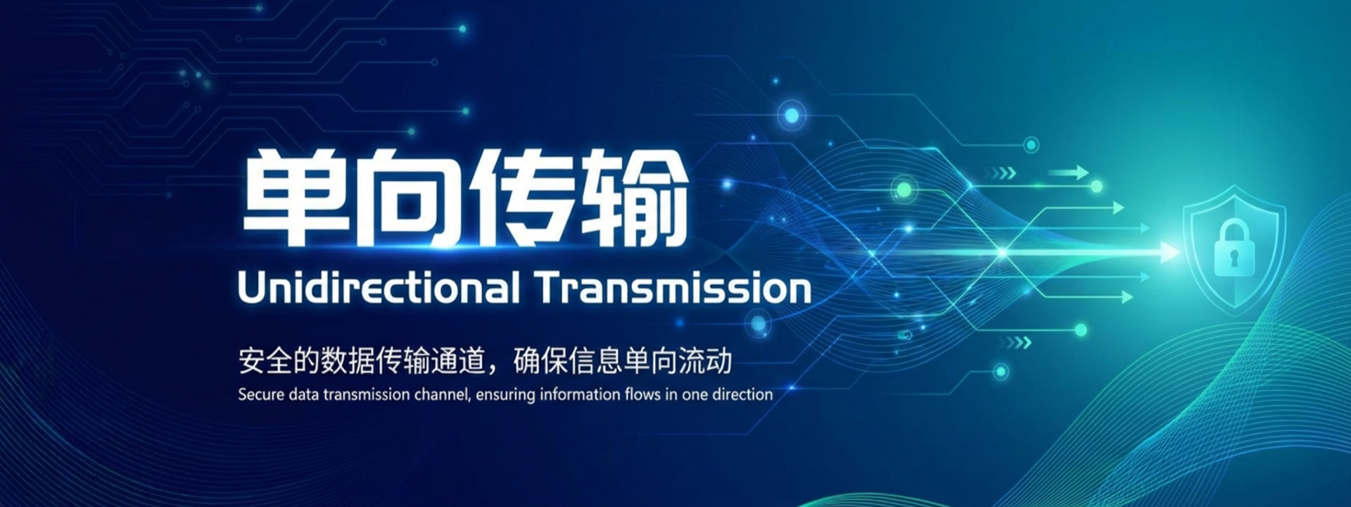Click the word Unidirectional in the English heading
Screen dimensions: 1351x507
tap(379, 288)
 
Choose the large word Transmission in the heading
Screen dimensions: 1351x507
tap(673, 288)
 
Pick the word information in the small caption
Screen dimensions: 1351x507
tap(581, 394)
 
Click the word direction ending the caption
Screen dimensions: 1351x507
tap(742, 394)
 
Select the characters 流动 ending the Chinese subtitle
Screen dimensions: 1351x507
tap(705, 361)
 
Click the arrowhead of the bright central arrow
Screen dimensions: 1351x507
tap(1170, 252)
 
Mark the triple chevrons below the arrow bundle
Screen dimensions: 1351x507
tap(1017, 343)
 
